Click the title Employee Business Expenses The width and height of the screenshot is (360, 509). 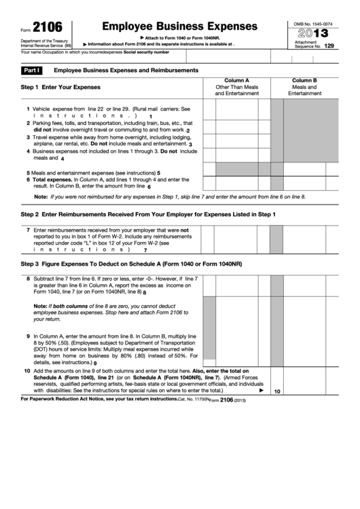[179, 26]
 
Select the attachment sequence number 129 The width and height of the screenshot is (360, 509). [329, 46]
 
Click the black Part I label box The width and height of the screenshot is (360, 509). [32, 71]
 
